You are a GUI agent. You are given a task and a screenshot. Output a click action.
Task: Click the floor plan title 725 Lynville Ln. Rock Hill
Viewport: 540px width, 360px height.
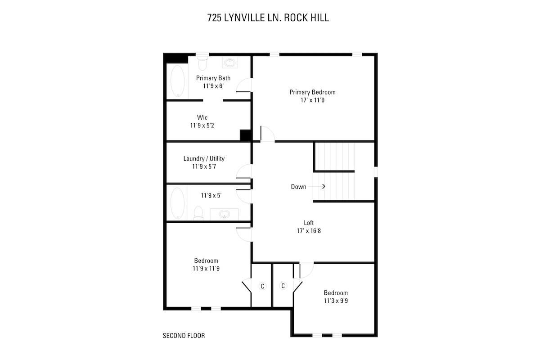268,18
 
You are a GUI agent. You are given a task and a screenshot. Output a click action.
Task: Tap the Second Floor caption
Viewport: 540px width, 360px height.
184,336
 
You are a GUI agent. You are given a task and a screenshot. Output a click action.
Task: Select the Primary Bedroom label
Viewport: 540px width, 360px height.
312,92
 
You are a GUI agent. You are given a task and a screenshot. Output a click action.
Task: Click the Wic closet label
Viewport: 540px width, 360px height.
202,117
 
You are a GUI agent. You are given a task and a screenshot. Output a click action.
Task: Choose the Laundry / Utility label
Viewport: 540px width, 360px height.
204,158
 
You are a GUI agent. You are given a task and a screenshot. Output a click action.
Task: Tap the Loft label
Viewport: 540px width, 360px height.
308,223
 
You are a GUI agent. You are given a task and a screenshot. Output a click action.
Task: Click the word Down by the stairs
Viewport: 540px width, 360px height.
298,187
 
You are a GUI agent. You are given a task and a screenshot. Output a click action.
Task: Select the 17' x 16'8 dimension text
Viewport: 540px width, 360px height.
308,230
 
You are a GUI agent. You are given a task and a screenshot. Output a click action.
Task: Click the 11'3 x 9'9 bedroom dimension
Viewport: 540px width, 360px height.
336,301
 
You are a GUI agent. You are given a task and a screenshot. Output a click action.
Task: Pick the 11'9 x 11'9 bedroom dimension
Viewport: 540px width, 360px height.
206,268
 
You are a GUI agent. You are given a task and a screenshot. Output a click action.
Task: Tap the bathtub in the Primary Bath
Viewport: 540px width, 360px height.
177,81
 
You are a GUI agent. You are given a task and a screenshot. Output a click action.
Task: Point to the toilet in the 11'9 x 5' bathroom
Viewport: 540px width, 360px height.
198,212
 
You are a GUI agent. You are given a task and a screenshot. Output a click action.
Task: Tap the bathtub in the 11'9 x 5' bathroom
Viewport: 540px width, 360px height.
177,202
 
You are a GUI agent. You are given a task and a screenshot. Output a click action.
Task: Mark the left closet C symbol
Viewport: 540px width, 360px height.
262,286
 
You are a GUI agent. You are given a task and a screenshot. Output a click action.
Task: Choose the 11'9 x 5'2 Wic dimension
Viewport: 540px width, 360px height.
202,126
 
